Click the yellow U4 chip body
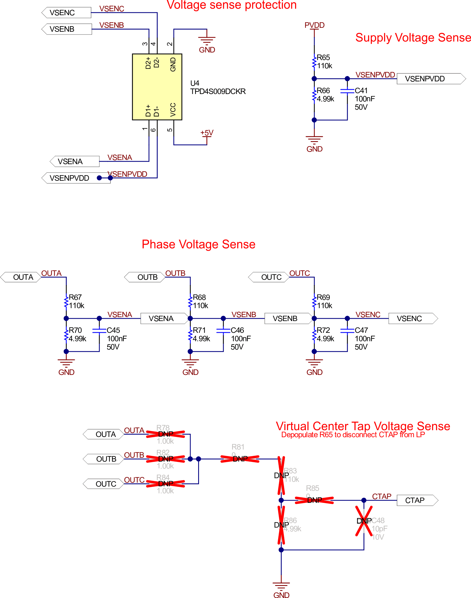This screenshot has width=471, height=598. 157,87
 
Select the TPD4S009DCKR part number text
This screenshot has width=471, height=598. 218,91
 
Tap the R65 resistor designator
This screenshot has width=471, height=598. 323,58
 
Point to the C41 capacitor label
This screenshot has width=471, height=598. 361,91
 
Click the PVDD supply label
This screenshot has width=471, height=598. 314,25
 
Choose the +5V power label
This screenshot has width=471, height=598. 207,133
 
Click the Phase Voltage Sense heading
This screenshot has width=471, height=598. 198,244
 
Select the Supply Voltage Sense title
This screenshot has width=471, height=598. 413,38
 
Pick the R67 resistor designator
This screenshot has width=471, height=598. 75,297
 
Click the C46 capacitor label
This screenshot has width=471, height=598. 237,330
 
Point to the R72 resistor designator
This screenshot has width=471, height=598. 323,330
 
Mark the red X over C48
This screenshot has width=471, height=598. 364,521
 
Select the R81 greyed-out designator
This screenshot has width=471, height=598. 238,447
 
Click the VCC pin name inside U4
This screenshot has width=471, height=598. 173,109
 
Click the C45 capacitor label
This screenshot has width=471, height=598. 113,330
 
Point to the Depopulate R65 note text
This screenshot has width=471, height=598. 353,435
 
